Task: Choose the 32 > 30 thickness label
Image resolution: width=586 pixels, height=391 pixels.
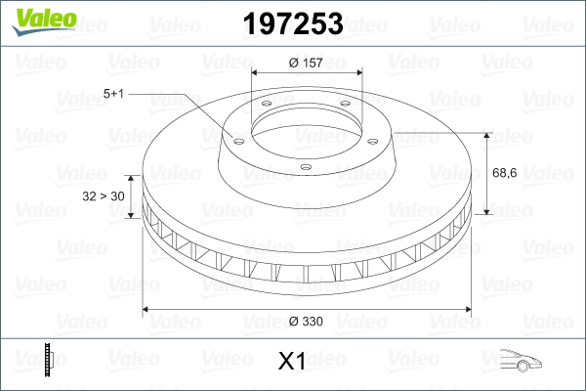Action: [x=103, y=196]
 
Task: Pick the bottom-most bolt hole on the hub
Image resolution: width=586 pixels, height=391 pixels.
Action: [x=306, y=167]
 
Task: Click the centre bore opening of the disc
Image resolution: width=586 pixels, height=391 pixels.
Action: [x=306, y=132]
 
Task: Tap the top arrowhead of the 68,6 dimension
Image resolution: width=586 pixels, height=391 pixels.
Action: [x=487, y=134]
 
